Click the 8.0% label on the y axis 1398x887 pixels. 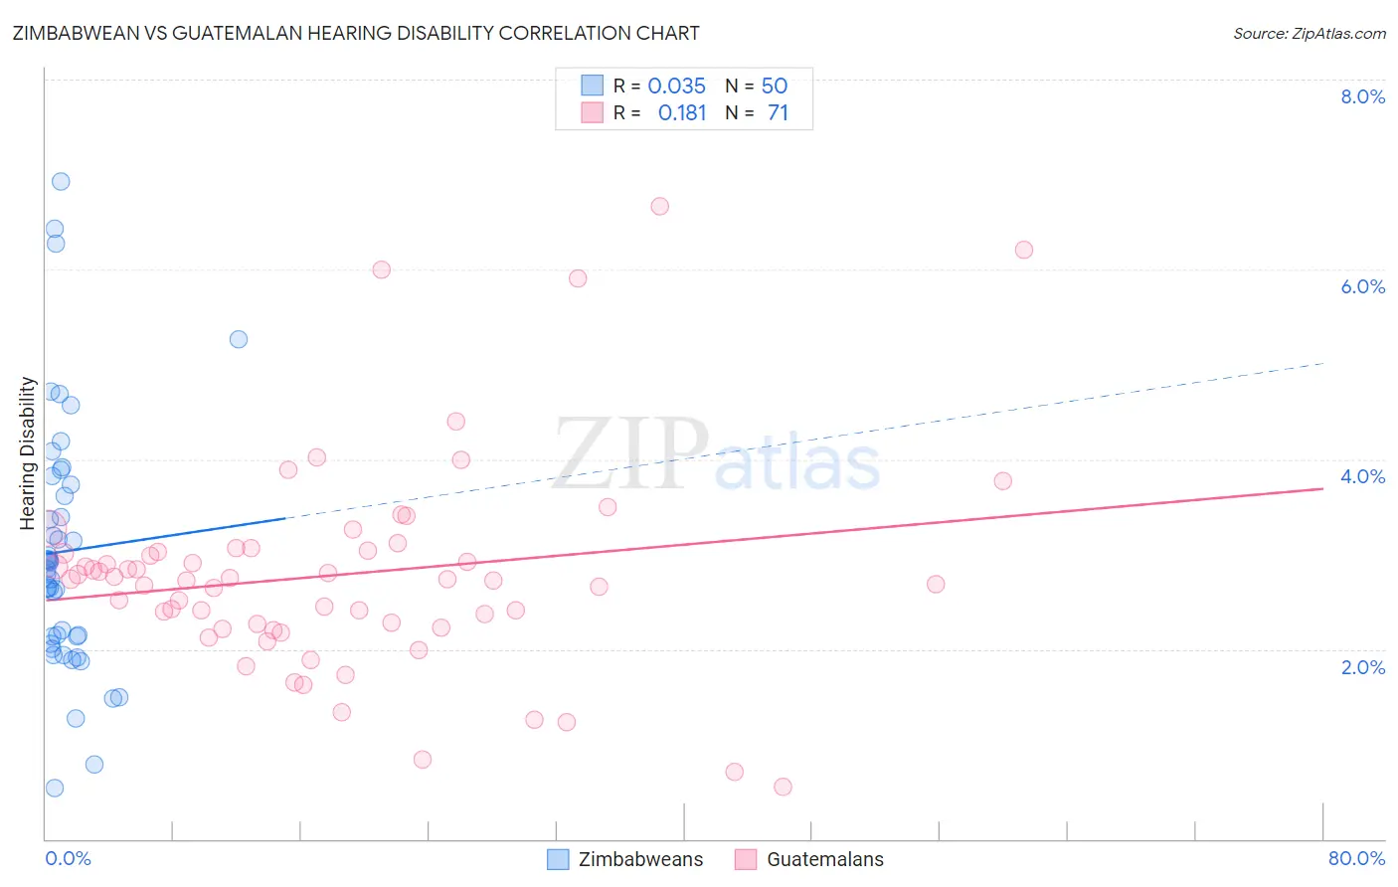coord(1362,96)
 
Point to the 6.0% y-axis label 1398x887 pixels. coord(1362,286)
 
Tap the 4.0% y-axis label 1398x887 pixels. coord(1362,476)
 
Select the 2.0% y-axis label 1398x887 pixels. coord(1362,667)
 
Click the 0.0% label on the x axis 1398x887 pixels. coord(68,858)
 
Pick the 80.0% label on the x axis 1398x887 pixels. coord(1356,858)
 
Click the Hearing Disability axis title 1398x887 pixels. coord(28,452)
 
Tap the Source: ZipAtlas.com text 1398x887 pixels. coord(1309,33)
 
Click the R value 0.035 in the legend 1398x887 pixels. coord(676,87)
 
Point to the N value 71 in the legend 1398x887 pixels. coord(778,113)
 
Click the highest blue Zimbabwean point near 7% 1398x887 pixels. coord(61,181)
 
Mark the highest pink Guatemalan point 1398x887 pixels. coord(660,207)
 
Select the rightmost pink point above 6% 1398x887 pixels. coord(1024,250)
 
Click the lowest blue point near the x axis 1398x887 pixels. coord(55,788)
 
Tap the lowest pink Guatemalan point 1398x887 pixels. coord(783,787)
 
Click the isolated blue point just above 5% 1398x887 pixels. coord(239,339)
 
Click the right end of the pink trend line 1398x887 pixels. coord(1322,488)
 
